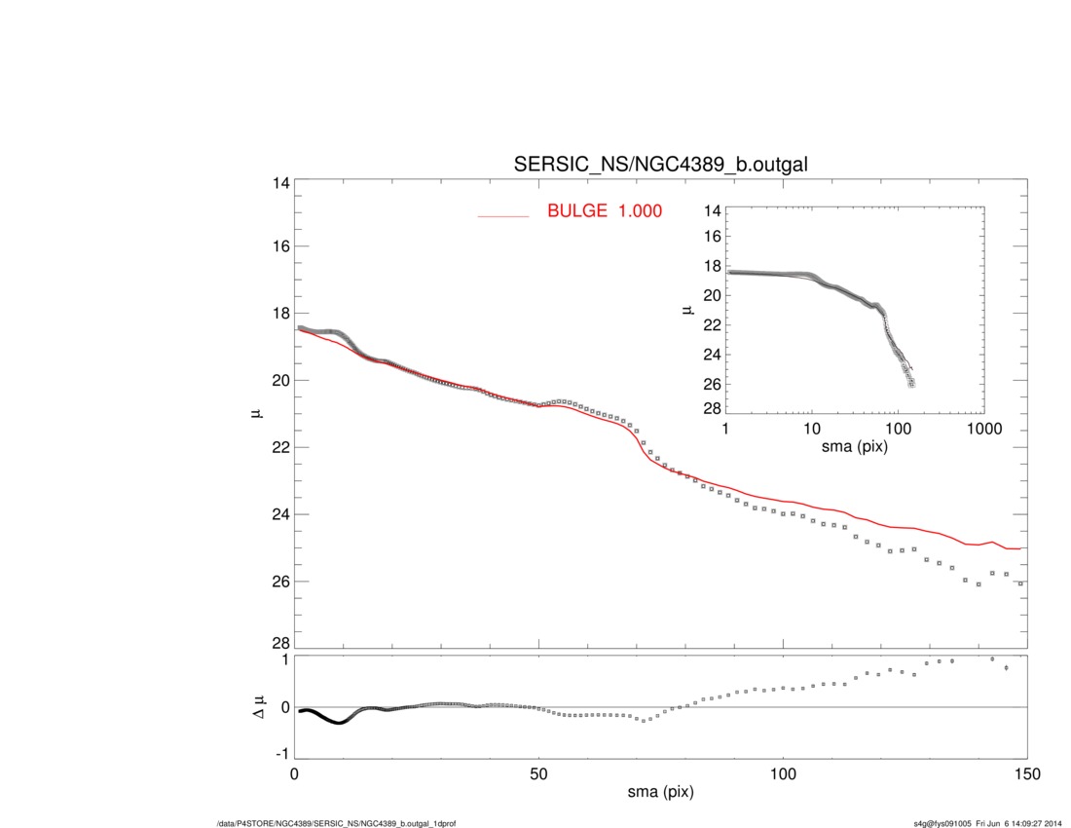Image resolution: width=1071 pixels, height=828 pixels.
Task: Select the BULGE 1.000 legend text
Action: (604, 210)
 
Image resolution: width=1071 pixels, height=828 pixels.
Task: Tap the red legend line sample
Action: (502, 215)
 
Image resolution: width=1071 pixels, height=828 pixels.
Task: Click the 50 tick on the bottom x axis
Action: (538, 773)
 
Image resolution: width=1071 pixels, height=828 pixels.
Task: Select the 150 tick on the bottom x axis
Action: (1026, 773)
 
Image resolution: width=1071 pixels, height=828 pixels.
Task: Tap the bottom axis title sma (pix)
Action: (660, 794)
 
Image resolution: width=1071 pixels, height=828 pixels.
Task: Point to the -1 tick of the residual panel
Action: (282, 754)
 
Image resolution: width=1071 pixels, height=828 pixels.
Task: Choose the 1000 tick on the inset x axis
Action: (982, 429)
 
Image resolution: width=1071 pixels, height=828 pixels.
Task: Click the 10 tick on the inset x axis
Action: (811, 429)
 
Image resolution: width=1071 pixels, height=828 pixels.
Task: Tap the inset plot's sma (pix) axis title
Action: (855, 448)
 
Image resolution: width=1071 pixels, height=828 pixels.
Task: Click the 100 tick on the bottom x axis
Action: (782, 773)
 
